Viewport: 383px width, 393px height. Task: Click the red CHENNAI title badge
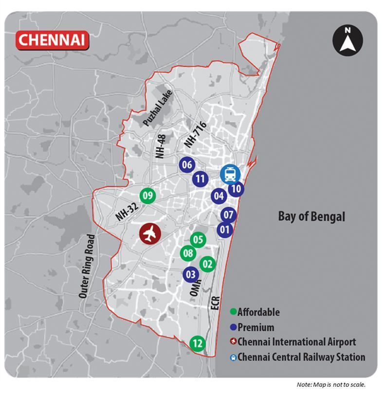(x=52, y=38)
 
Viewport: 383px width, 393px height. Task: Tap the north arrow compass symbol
(x=347, y=40)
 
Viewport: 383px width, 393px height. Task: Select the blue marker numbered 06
(x=187, y=165)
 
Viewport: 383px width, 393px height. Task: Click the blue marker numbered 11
(x=201, y=179)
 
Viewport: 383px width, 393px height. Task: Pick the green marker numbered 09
(x=148, y=196)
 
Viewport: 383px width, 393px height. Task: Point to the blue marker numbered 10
(x=236, y=189)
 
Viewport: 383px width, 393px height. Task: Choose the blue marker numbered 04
(x=219, y=196)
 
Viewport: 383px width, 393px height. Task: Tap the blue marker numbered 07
(x=228, y=214)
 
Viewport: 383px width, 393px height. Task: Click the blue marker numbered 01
(x=225, y=230)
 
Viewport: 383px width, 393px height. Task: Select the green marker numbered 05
(x=197, y=239)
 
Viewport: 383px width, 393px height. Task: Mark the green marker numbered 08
(x=188, y=253)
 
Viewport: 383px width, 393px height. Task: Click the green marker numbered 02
(x=208, y=264)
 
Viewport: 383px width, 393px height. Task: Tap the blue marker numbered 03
(x=191, y=274)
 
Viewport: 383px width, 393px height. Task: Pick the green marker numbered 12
(x=197, y=343)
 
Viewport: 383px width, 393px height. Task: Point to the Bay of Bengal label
(x=311, y=216)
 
